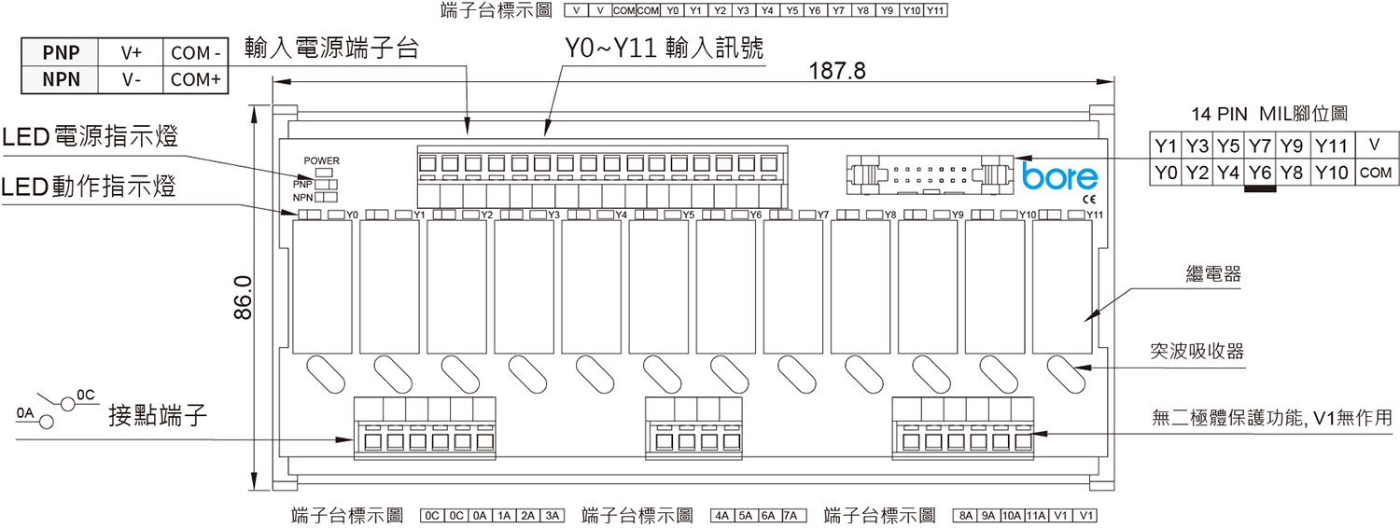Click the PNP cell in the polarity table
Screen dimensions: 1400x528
pos(60,52)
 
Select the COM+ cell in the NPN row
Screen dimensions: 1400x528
pos(196,80)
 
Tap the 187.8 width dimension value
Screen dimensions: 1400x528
pos(837,71)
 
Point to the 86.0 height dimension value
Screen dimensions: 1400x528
pos(243,298)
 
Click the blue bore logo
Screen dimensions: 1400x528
pos(1060,177)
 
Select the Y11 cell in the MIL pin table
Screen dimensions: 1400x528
pos(1331,146)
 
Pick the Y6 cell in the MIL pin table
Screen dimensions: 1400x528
pos(1260,173)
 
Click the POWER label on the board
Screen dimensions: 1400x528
pos(321,160)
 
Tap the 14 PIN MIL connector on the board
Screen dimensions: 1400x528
pos(930,174)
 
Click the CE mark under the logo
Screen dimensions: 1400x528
pos(1089,200)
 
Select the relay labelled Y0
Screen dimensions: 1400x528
pos(323,286)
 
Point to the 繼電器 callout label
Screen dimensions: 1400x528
pos(1213,274)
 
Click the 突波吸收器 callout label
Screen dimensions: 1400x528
pos(1197,351)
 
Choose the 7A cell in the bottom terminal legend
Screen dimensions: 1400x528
pos(791,516)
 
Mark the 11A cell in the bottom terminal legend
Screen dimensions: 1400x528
pos(1036,516)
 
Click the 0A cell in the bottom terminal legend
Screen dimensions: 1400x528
pos(480,516)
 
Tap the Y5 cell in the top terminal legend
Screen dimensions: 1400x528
pos(791,10)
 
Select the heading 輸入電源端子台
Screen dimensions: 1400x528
pos(331,49)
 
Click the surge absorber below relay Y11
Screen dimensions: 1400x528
pos(1066,374)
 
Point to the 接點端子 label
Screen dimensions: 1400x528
pos(158,415)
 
